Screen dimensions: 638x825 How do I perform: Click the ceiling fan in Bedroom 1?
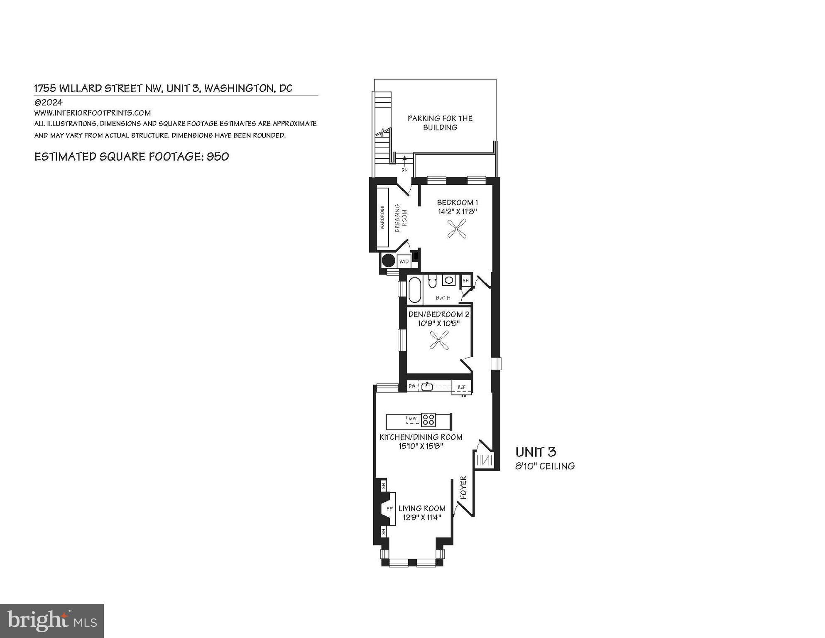457,229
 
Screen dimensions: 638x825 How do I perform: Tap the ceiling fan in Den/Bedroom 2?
439,340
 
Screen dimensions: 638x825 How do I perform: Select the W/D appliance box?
404,262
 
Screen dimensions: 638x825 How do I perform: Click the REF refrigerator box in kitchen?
461,387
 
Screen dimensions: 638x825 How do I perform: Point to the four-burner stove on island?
428,420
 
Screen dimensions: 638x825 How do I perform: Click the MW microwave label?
412,419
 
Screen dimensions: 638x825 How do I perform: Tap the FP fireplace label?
389,509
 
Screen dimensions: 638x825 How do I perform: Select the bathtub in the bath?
415,290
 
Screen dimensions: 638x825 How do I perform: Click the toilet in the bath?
432,282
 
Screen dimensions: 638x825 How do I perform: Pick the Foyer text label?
464,487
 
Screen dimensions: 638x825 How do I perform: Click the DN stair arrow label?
404,170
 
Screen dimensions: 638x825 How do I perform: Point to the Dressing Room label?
401,218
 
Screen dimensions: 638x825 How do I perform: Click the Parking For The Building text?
440,123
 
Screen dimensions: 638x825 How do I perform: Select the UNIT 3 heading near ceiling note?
536,452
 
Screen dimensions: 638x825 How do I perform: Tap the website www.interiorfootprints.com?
92,113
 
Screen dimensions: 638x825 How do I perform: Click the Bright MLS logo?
52,621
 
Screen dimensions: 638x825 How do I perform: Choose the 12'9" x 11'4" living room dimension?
422,518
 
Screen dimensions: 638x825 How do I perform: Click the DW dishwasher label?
412,386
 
